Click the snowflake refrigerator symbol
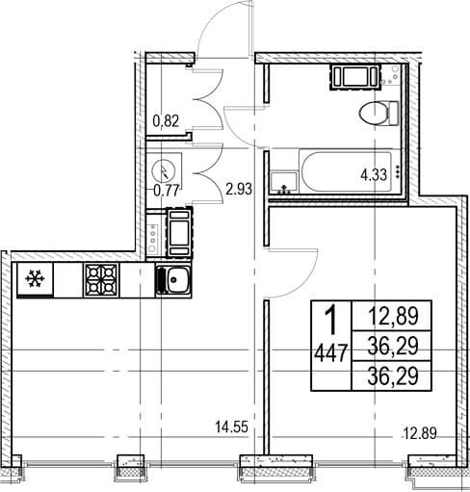pyautogui.click(x=35, y=278)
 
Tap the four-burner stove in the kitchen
pyautogui.click(x=101, y=280)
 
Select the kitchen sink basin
pyautogui.click(x=173, y=280)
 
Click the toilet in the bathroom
pyautogui.click(x=379, y=114)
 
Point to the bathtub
pyautogui.click(x=346, y=172)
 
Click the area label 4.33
pyautogui.click(x=374, y=175)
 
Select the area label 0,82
pyautogui.click(x=166, y=121)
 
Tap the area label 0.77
pyautogui.click(x=166, y=191)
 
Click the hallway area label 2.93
pyautogui.click(x=239, y=189)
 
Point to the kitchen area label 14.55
pyautogui.click(x=232, y=427)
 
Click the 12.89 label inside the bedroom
pyautogui.click(x=420, y=434)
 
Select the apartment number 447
pyautogui.click(x=331, y=353)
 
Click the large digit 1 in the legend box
pyautogui.click(x=330, y=320)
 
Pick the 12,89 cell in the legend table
pyautogui.click(x=393, y=316)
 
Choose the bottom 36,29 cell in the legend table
pyautogui.click(x=393, y=375)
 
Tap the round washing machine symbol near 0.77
pyautogui.click(x=164, y=169)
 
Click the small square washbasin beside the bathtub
pyautogui.click(x=284, y=182)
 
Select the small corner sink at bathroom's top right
pyautogui.click(x=391, y=74)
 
